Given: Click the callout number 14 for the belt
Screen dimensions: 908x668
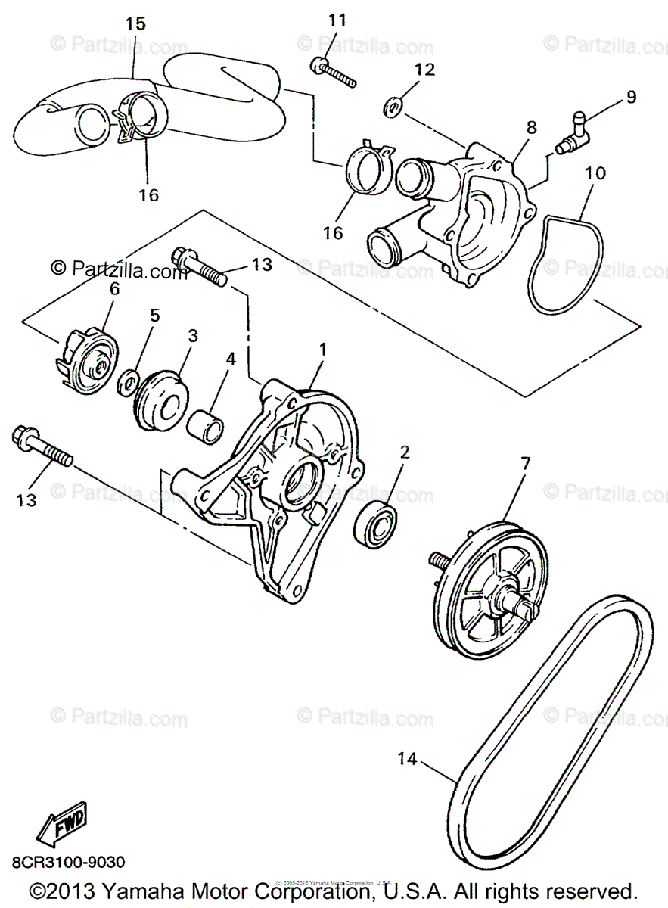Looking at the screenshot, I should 407,758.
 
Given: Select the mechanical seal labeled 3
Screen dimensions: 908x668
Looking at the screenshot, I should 163,398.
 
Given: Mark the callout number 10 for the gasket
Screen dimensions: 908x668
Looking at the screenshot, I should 595,174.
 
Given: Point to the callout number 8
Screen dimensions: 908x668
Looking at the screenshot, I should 532,126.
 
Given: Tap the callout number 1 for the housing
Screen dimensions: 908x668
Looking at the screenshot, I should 323,350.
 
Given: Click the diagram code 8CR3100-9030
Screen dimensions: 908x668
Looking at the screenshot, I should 68,863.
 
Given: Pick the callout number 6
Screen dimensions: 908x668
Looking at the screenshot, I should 114,289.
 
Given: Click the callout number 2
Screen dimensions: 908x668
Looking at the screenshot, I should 405,452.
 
